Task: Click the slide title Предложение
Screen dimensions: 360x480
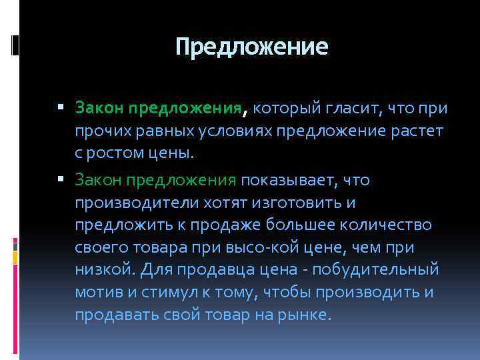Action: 252,47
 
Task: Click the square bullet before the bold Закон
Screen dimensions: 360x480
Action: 61,107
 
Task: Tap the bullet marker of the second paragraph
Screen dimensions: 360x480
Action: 61,179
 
